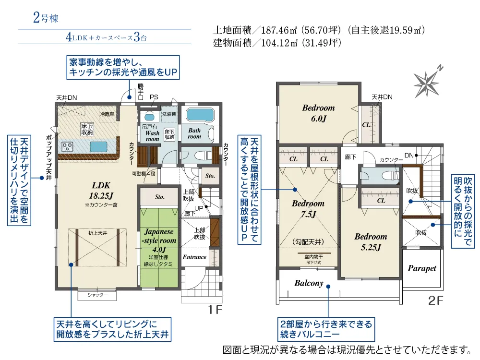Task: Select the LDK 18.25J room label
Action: point(101,189)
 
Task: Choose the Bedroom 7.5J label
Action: point(308,209)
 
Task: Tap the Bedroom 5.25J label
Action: point(371,242)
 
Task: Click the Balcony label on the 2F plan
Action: point(309,283)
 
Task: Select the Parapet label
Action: point(422,268)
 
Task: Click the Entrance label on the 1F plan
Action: point(195,257)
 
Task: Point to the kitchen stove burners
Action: point(67,146)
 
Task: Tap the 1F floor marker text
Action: point(216,310)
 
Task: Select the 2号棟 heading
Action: point(46,19)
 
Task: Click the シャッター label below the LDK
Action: point(97,295)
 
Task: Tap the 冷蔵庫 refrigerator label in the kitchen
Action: point(107,115)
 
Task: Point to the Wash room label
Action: point(152,136)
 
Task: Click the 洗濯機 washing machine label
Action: point(168,115)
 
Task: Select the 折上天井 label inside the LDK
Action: point(97,233)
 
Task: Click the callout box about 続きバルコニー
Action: point(325,329)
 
